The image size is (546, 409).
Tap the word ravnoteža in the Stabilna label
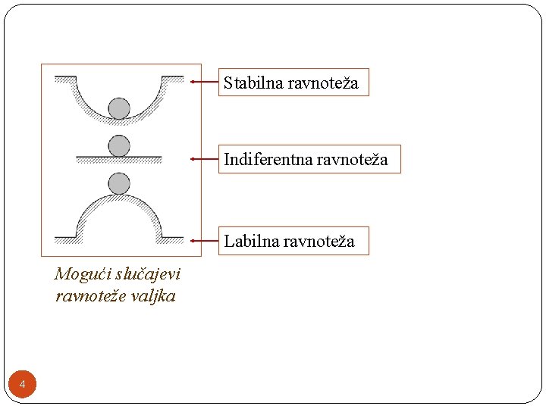(x=323, y=83)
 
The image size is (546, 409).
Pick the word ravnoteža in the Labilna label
(x=319, y=242)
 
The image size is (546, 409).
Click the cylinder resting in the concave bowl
(x=119, y=108)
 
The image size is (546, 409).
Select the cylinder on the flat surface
(x=119, y=145)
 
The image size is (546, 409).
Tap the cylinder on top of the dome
(x=119, y=183)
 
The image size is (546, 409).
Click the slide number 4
(x=22, y=386)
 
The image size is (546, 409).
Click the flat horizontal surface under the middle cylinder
(x=119, y=158)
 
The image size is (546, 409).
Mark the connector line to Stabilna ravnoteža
(x=205, y=81)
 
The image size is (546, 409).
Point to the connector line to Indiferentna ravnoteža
(x=205, y=159)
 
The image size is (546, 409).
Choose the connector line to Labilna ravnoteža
(x=205, y=241)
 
